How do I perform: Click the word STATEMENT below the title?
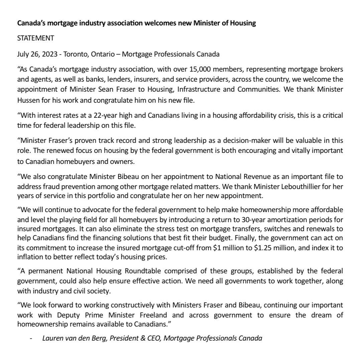(x=35, y=38)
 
